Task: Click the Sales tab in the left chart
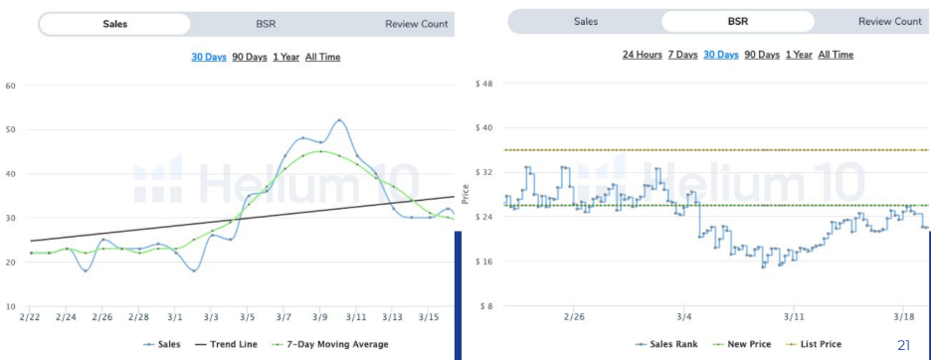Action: pos(114,24)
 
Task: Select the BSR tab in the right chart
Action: pos(738,21)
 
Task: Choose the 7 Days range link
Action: pos(681,55)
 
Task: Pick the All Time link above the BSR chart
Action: pos(836,55)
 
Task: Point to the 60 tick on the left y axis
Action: pos(11,86)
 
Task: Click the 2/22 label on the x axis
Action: pos(30,316)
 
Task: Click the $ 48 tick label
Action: pos(482,84)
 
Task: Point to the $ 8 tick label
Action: pos(485,306)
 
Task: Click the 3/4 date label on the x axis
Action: pos(682,316)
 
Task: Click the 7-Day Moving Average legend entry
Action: pos(337,344)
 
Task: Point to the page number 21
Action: pos(903,345)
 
